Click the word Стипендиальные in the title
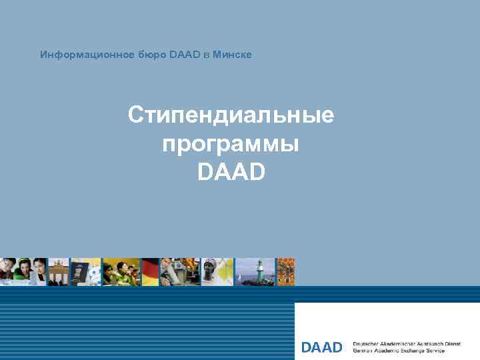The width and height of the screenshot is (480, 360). tap(231, 115)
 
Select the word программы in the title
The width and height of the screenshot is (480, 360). tap(231, 144)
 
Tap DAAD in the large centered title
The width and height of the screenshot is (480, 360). tap(231, 172)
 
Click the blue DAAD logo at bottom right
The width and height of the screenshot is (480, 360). tap(322, 347)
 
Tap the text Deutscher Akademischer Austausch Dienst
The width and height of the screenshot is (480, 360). tap(406, 343)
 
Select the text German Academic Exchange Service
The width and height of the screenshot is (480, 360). tap(398, 351)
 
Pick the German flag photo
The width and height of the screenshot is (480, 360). tap(151, 272)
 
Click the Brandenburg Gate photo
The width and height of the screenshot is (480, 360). tap(59, 272)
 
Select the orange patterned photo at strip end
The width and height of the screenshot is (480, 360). tap(286, 272)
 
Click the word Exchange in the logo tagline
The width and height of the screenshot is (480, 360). tap(414, 351)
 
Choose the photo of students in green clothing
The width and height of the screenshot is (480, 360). tap(121, 272)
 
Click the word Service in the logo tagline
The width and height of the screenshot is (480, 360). tap(436, 351)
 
